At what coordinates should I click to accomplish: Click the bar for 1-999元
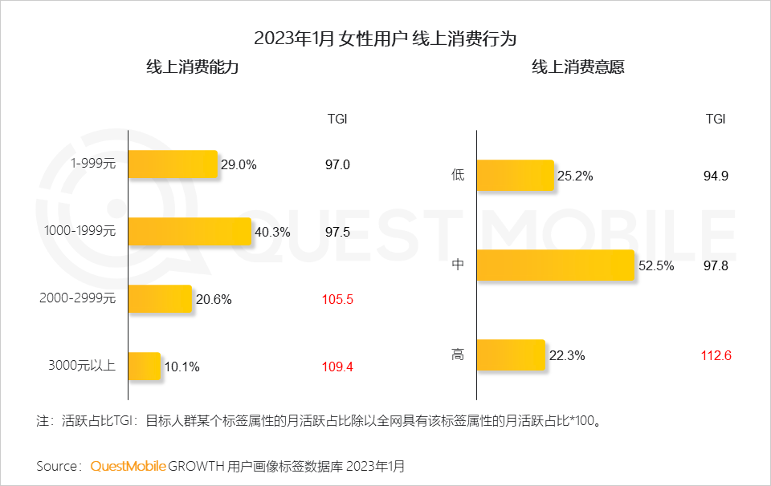173,164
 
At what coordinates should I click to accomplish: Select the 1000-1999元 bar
190,232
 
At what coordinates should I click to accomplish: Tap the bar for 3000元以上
145,367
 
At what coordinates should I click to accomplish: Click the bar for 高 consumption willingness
511,354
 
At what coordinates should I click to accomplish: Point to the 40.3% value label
272,232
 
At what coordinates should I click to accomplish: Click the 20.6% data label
213,299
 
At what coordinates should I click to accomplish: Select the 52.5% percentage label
657,265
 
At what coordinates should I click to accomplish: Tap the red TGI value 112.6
716,354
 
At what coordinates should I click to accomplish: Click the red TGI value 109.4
337,367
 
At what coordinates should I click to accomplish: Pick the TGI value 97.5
337,232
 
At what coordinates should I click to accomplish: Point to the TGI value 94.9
716,176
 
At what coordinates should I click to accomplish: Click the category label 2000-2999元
78,299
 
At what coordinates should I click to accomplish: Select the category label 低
458,176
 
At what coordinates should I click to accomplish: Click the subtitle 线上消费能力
192,68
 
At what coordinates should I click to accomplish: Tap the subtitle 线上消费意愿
577,68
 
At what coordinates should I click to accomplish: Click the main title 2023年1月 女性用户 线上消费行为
385,37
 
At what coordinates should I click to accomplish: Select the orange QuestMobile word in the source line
128,465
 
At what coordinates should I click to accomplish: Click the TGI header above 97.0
337,119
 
